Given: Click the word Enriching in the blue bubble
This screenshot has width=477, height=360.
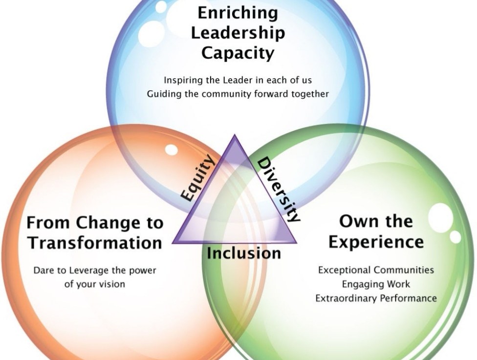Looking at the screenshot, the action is click(238, 14).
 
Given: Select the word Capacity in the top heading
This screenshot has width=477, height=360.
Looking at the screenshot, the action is click(238, 54).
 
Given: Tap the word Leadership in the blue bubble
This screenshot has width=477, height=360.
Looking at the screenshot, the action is click(238, 33).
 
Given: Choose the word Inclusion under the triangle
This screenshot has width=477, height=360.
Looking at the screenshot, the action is click(244, 254).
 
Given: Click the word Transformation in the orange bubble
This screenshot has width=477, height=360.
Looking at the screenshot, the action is click(95, 243).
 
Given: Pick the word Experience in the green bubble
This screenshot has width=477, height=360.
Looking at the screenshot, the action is click(376, 242).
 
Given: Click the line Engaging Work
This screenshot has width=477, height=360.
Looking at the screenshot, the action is click(376, 285).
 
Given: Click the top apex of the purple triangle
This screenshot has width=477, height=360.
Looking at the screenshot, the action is click(235, 135).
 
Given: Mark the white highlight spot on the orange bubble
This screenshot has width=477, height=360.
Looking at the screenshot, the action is click(171, 149).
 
